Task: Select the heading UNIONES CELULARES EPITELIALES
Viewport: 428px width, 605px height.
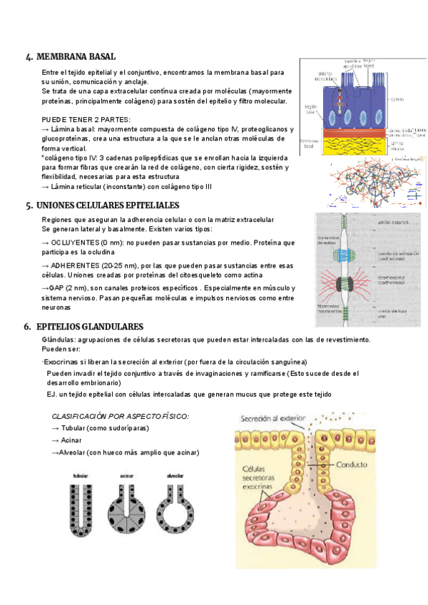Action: click(107, 205)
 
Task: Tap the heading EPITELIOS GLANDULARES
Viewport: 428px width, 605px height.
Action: click(89, 326)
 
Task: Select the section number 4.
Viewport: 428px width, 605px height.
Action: click(28, 57)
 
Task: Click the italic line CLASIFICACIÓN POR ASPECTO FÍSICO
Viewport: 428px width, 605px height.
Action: click(121, 416)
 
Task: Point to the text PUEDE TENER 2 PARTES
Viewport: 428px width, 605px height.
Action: click(86, 118)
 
